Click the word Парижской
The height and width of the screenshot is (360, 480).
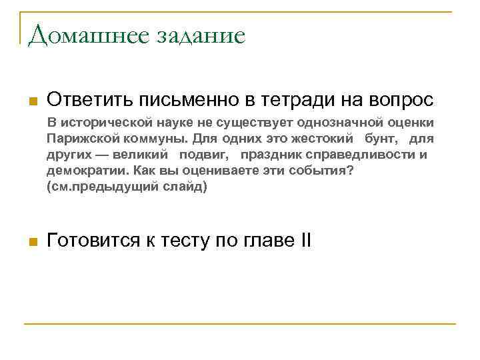80,139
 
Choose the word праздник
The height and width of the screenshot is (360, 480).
272,155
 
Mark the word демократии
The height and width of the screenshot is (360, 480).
81,171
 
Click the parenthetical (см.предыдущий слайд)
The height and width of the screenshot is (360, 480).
127,187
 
